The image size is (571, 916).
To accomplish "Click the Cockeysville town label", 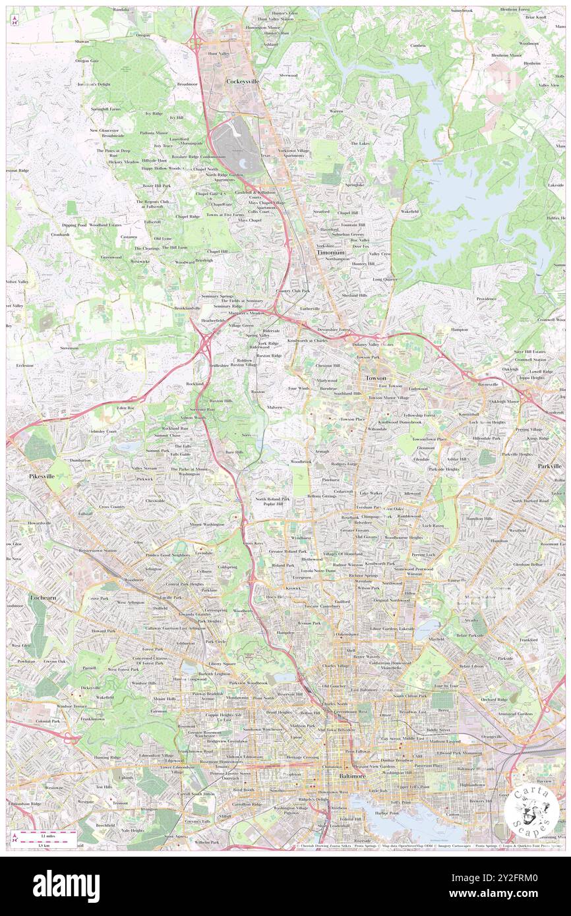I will [243, 81].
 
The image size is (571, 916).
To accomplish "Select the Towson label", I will [376, 378].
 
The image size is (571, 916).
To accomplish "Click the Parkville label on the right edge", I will [549, 466].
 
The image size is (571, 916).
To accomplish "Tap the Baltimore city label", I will [352, 777].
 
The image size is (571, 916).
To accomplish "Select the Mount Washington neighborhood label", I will [206, 525].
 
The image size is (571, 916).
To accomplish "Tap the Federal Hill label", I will [350, 818].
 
